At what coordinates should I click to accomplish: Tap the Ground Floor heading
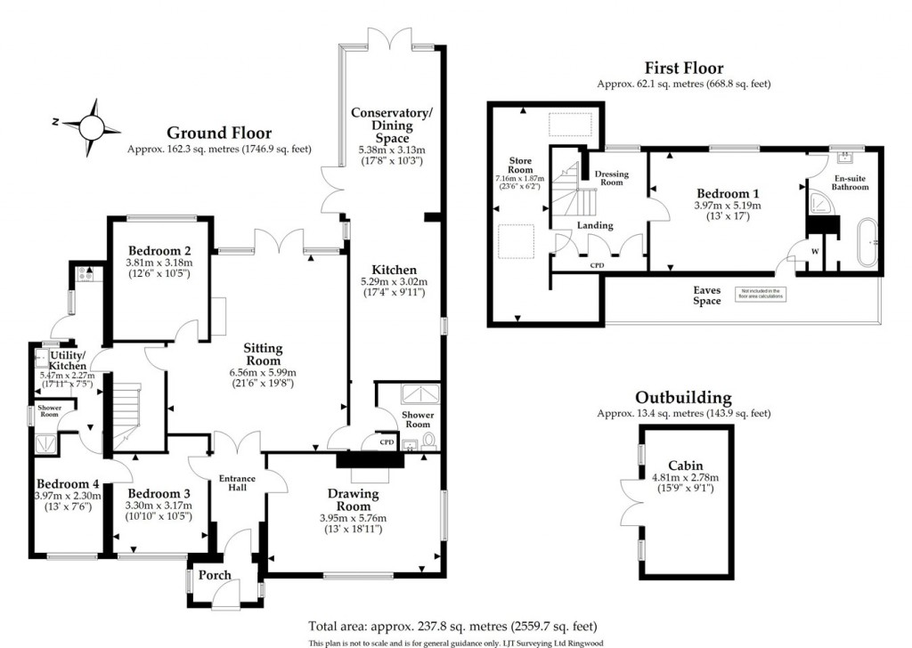(x=219, y=134)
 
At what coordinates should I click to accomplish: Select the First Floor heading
(x=683, y=68)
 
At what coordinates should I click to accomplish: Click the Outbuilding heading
(x=683, y=398)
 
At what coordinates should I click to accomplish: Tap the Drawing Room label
(x=353, y=499)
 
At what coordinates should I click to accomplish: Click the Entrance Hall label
(x=238, y=483)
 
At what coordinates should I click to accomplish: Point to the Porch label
(x=215, y=575)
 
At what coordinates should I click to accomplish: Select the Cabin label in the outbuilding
(x=686, y=465)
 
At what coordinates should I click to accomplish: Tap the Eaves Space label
(x=707, y=296)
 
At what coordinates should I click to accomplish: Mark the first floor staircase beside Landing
(x=563, y=191)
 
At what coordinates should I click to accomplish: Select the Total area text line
(x=452, y=626)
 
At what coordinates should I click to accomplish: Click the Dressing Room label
(x=611, y=177)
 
